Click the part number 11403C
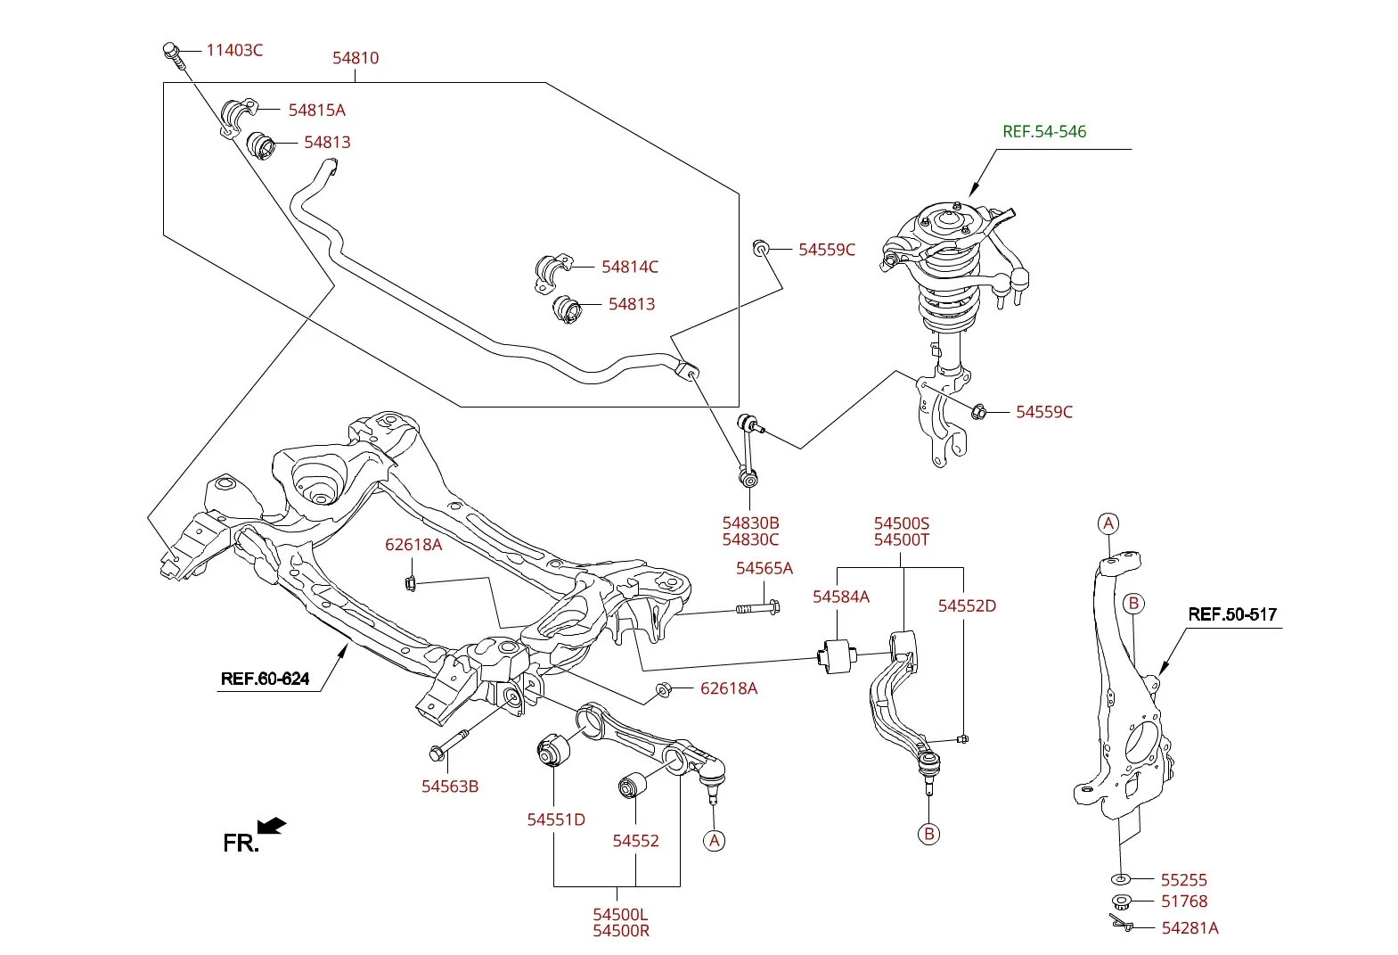point(234,50)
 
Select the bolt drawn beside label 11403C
point(174,56)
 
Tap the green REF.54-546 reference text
point(1044,131)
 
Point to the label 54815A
point(316,110)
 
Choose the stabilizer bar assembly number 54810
point(356,58)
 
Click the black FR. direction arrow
point(272,825)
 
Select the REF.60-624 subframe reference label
point(265,679)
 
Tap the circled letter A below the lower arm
point(714,841)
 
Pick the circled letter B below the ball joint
point(928,834)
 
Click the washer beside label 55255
point(1121,879)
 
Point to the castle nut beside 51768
point(1122,901)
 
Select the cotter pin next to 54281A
point(1122,923)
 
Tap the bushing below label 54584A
point(837,655)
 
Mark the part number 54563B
point(450,786)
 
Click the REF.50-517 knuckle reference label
point(1232,614)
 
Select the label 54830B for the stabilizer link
point(750,523)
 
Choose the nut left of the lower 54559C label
point(978,412)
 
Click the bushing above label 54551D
point(553,750)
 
